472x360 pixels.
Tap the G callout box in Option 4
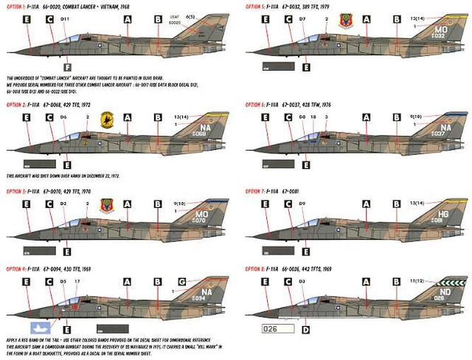pos(182,281)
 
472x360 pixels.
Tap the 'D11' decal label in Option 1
pos(65,17)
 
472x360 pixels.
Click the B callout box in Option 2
pos(158,117)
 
